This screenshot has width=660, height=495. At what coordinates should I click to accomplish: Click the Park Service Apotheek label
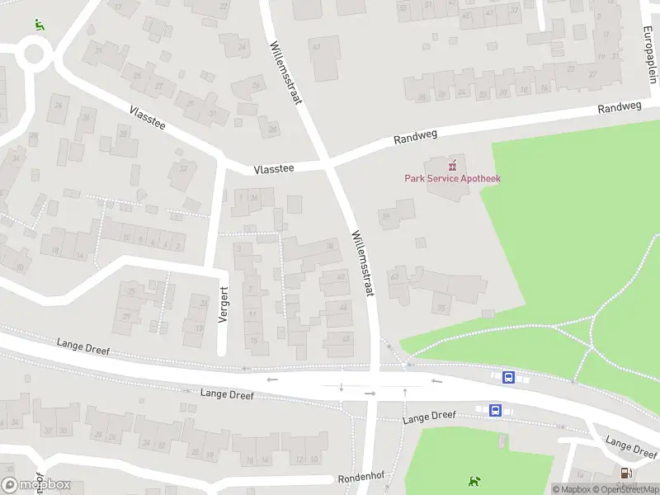[x=452, y=178]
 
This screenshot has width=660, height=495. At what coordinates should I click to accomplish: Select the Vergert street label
[x=224, y=304]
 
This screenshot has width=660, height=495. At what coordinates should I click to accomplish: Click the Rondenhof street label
[x=361, y=479]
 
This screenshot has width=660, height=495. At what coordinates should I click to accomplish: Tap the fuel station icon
[x=626, y=473]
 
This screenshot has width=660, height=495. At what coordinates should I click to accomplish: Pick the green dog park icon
[x=474, y=481]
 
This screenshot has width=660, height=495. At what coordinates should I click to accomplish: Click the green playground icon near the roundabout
[x=39, y=25]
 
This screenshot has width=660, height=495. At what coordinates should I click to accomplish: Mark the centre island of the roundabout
[x=34, y=55]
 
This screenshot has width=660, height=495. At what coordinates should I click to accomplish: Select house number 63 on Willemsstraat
[x=394, y=278]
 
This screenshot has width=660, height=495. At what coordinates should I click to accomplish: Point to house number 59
[x=385, y=216]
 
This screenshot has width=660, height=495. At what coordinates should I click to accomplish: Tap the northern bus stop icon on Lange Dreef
[x=508, y=378]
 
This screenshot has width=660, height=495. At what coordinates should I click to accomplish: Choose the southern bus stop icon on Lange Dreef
[x=496, y=410]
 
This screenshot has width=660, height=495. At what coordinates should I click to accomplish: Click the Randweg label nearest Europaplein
[x=619, y=108]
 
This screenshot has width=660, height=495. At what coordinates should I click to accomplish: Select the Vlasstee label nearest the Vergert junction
[x=274, y=168]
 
